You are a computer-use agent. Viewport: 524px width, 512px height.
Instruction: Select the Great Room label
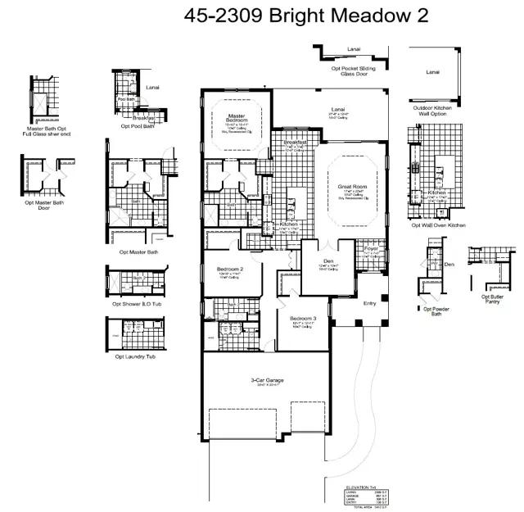click(350, 187)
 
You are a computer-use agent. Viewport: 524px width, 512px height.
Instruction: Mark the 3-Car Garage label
click(268, 380)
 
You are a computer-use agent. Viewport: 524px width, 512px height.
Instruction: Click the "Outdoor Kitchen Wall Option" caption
click(433, 111)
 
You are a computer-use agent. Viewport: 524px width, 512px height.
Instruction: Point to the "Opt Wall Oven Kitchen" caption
click(438, 224)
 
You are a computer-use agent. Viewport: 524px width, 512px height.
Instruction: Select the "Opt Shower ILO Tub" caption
click(137, 304)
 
